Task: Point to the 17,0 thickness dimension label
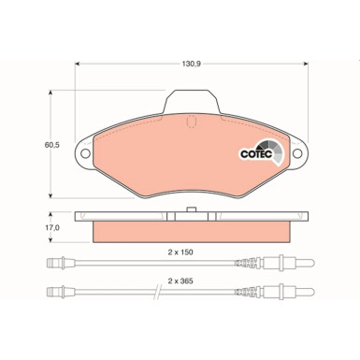point(53,227)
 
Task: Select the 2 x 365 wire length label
point(180,279)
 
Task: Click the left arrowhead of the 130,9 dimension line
point(77,65)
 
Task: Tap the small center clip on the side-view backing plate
point(191,209)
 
